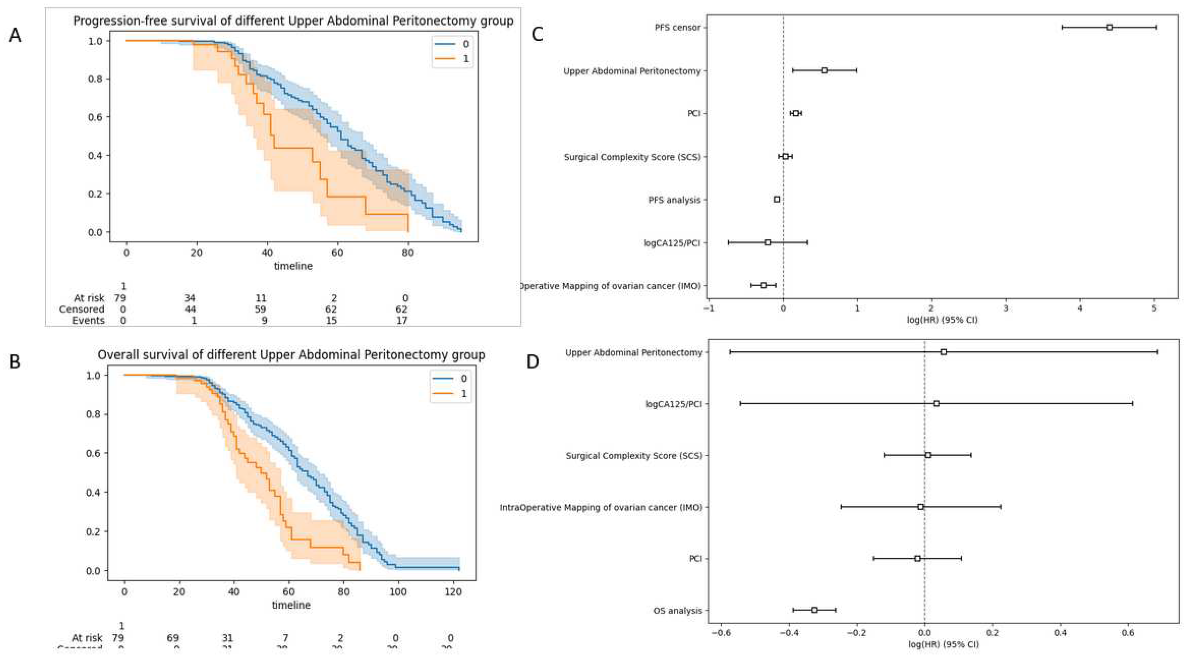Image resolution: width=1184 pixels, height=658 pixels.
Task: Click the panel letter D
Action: point(532,362)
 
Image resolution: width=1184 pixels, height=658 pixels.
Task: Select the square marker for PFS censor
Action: point(1109,28)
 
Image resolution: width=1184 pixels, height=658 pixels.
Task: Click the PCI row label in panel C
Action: point(694,114)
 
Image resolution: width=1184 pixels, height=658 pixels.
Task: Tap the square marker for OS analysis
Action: point(814,610)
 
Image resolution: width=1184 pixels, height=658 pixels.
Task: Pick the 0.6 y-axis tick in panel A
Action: point(95,117)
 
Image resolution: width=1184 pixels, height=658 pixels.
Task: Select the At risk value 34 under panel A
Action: point(190,298)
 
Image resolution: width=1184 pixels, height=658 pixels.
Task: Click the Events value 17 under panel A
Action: point(402,320)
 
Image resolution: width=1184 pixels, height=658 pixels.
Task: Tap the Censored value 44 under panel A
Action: point(190,309)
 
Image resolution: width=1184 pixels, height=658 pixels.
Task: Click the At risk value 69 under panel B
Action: point(173,638)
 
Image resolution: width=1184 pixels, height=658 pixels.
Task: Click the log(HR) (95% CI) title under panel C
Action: point(942,319)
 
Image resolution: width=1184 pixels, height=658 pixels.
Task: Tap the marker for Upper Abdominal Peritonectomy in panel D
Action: point(944,352)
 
